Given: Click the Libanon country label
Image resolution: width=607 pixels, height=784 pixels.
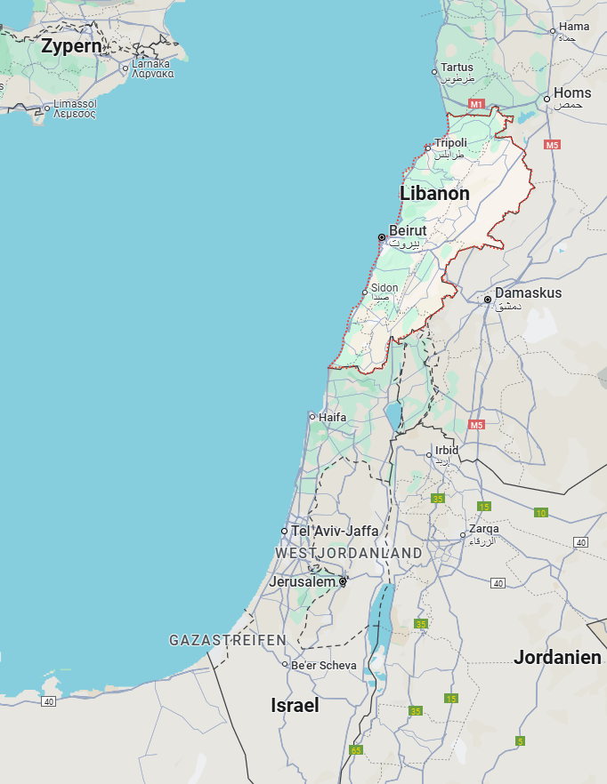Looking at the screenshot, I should pyautogui.click(x=434, y=194).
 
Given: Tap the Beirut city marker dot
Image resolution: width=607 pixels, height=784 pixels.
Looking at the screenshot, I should pyautogui.click(x=382, y=237).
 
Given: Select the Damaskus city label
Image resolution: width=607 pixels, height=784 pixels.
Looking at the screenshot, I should pyautogui.click(x=528, y=293).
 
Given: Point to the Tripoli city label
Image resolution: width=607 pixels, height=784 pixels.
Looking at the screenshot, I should pyautogui.click(x=450, y=144).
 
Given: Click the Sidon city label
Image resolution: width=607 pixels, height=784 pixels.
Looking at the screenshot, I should pyautogui.click(x=384, y=288).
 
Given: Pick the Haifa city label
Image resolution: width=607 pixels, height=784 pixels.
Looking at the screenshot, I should pyautogui.click(x=332, y=417).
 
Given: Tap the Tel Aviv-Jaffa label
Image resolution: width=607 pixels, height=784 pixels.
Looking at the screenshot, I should pyautogui.click(x=335, y=531).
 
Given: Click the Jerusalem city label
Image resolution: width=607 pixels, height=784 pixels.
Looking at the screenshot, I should pyautogui.click(x=303, y=582).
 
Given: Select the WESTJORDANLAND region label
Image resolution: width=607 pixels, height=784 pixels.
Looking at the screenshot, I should pyautogui.click(x=349, y=553).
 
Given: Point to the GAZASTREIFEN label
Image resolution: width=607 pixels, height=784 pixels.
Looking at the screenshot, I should pyautogui.click(x=228, y=640).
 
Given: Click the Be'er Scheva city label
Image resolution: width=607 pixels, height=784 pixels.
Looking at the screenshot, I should pyautogui.click(x=324, y=665).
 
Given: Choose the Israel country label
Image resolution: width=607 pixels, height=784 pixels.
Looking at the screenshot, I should pyautogui.click(x=295, y=706).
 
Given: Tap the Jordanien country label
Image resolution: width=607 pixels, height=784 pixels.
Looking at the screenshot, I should pyautogui.click(x=557, y=659).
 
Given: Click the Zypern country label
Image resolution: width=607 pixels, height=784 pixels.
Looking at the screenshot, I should pyautogui.click(x=71, y=46).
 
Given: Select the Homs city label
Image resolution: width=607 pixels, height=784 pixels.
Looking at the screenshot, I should pyautogui.click(x=571, y=93).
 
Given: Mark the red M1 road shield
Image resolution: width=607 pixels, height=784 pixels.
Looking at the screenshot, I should pyautogui.click(x=476, y=105).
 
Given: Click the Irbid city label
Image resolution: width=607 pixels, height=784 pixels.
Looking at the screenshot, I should pyautogui.click(x=447, y=451).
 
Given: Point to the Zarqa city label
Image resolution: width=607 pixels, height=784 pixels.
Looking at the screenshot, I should pyautogui.click(x=484, y=529).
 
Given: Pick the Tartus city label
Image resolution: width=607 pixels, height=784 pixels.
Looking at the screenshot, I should pyautogui.click(x=457, y=68).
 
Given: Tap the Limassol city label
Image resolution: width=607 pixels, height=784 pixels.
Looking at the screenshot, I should pyautogui.click(x=75, y=104).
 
